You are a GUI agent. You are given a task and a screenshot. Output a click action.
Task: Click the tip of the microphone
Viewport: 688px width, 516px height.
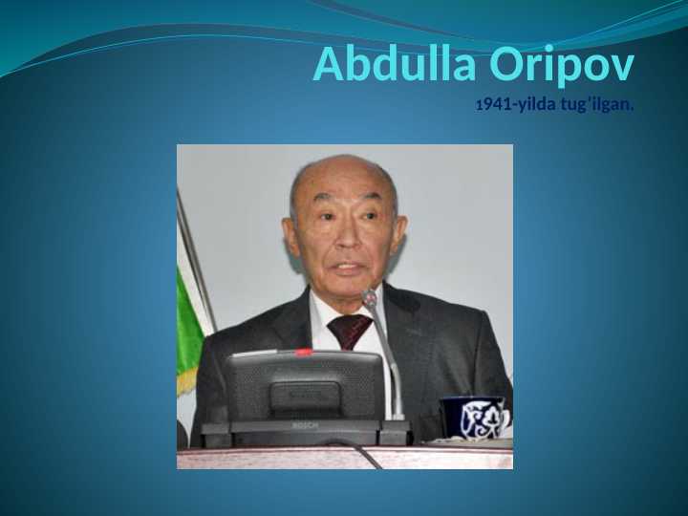click(370, 297)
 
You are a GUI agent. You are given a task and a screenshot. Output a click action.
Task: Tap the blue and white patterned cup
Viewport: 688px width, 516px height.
click(474, 417)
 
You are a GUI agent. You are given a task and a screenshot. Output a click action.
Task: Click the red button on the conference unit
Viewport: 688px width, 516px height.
click(303, 352)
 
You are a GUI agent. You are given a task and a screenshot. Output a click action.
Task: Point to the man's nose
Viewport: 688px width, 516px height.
click(348, 237)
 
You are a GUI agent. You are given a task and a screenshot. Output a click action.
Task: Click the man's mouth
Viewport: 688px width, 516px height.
click(348, 267)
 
